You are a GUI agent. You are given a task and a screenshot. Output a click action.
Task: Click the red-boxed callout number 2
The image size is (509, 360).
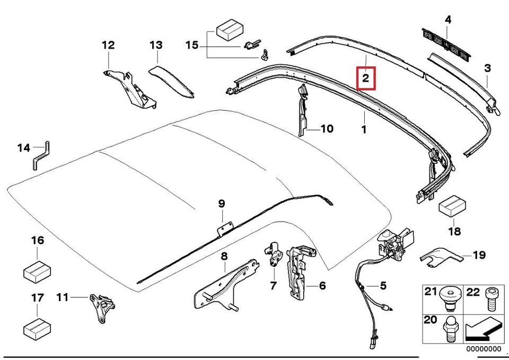[365, 78]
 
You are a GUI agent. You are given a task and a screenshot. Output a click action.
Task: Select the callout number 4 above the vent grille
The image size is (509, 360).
[448, 20]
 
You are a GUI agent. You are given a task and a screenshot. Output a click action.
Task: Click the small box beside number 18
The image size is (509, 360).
[452, 207]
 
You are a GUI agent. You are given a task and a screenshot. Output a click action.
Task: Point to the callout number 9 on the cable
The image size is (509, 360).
[222, 203]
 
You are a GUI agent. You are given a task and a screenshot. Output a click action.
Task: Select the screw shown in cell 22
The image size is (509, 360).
[490, 303]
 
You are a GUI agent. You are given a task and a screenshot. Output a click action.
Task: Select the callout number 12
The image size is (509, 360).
[108, 46]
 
